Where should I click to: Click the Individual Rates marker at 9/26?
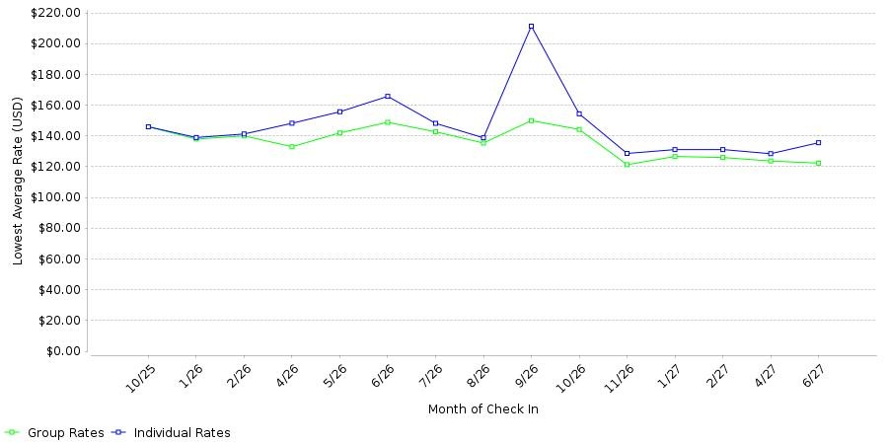click(x=531, y=27)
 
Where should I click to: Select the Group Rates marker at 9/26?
click(x=531, y=120)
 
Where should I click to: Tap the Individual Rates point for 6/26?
click(x=388, y=97)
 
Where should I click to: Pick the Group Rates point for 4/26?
click(x=292, y=147)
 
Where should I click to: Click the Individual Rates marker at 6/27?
click(x=818, y=143)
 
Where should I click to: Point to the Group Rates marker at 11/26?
click(x=627, y=165)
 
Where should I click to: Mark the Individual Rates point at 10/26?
click(x=579, y=113)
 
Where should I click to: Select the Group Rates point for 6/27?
click(x=818, y=163)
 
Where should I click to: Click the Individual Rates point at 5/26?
click(x=339, y=111)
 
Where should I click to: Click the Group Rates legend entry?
click(x=54, y=433)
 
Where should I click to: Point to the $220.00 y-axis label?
click(x=56, y=13)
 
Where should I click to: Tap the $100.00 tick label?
click(x=56, y=197)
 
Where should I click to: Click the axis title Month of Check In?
click(x=483, y=409)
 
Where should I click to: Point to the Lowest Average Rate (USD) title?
click(x=18, y=182)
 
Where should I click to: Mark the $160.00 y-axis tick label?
click(x=56, y=106)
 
